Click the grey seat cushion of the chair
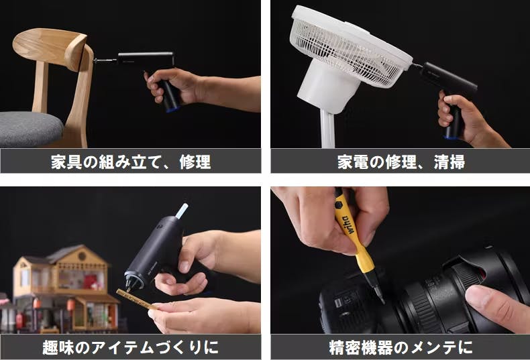[30, 128]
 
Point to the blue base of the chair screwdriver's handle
[172, 109]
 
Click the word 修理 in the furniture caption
[195, 162]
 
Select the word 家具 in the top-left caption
[66, 162]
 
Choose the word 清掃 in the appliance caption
[449, 162]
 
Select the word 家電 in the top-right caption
[353, 162]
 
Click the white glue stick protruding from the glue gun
[182, 211]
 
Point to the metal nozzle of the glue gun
[131, 284]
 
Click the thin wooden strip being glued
[137, 299]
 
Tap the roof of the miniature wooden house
[64, 253]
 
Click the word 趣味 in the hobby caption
[58, 347]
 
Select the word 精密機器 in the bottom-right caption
[361, 347]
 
